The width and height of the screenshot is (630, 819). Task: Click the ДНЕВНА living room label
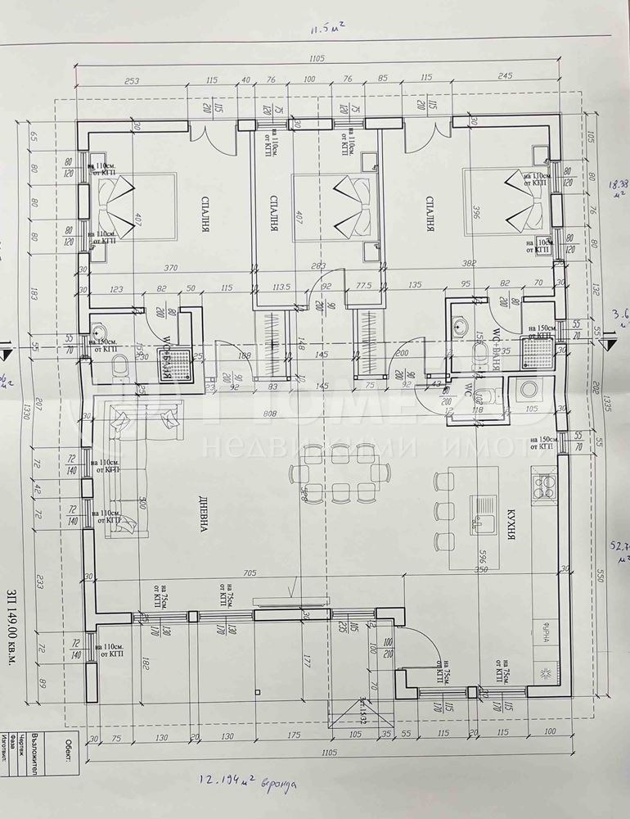[200, 516]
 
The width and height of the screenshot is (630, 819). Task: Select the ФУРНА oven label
[543, 633]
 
